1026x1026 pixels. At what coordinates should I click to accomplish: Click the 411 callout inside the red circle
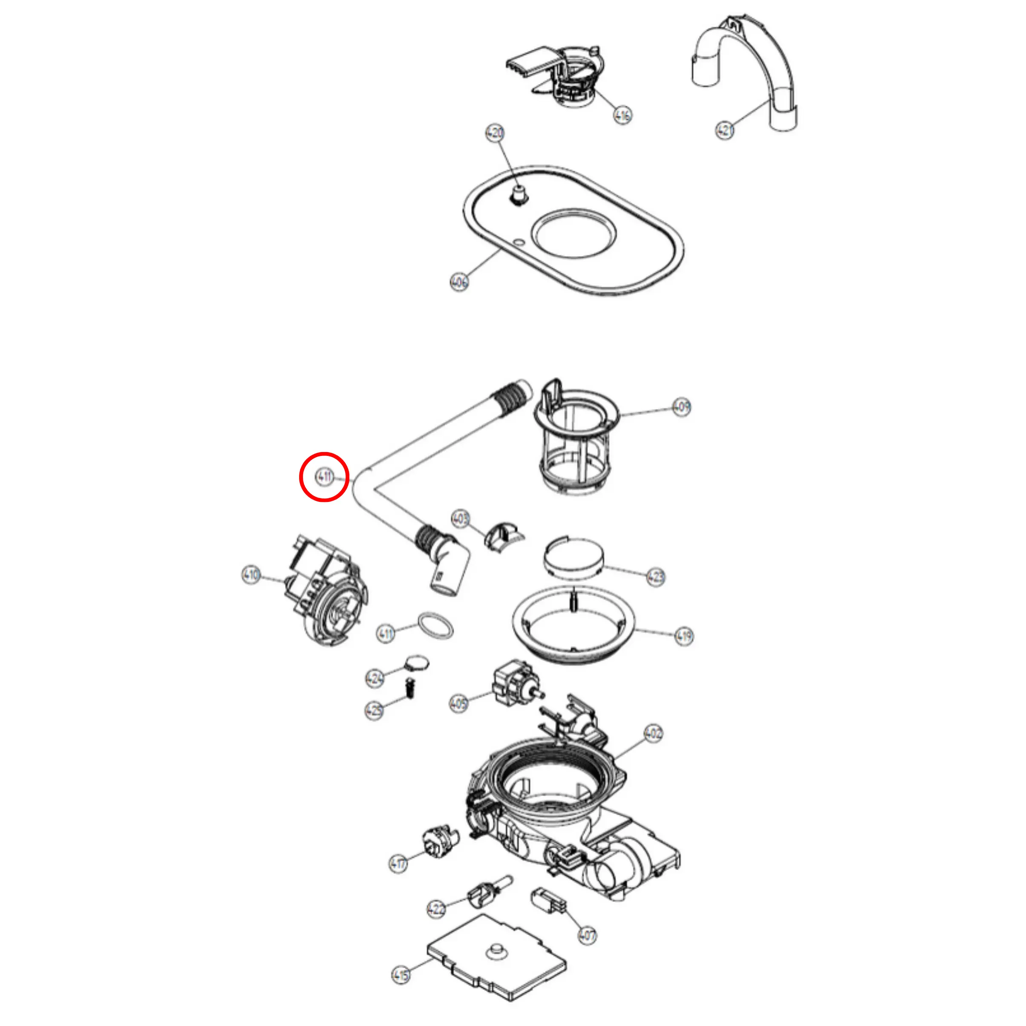tap(324, 476)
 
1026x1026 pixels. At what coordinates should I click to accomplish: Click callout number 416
tap(623, 115)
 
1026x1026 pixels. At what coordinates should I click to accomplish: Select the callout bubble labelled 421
tap(725, 129)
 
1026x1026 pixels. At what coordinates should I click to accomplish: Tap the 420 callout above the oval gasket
tap(494, 133)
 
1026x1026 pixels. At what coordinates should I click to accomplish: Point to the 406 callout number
tap(459, 282)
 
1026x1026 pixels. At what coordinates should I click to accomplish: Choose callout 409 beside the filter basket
tap(681, 407)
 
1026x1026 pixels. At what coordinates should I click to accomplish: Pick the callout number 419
tap(684, 636)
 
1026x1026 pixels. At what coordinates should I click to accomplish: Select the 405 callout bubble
tap(458, 703)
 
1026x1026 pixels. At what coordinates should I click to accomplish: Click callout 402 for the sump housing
tap(653, 733)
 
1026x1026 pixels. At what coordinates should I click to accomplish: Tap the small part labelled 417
tap(440, 843)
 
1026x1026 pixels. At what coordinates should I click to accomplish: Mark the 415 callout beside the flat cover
tap(401, 974)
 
